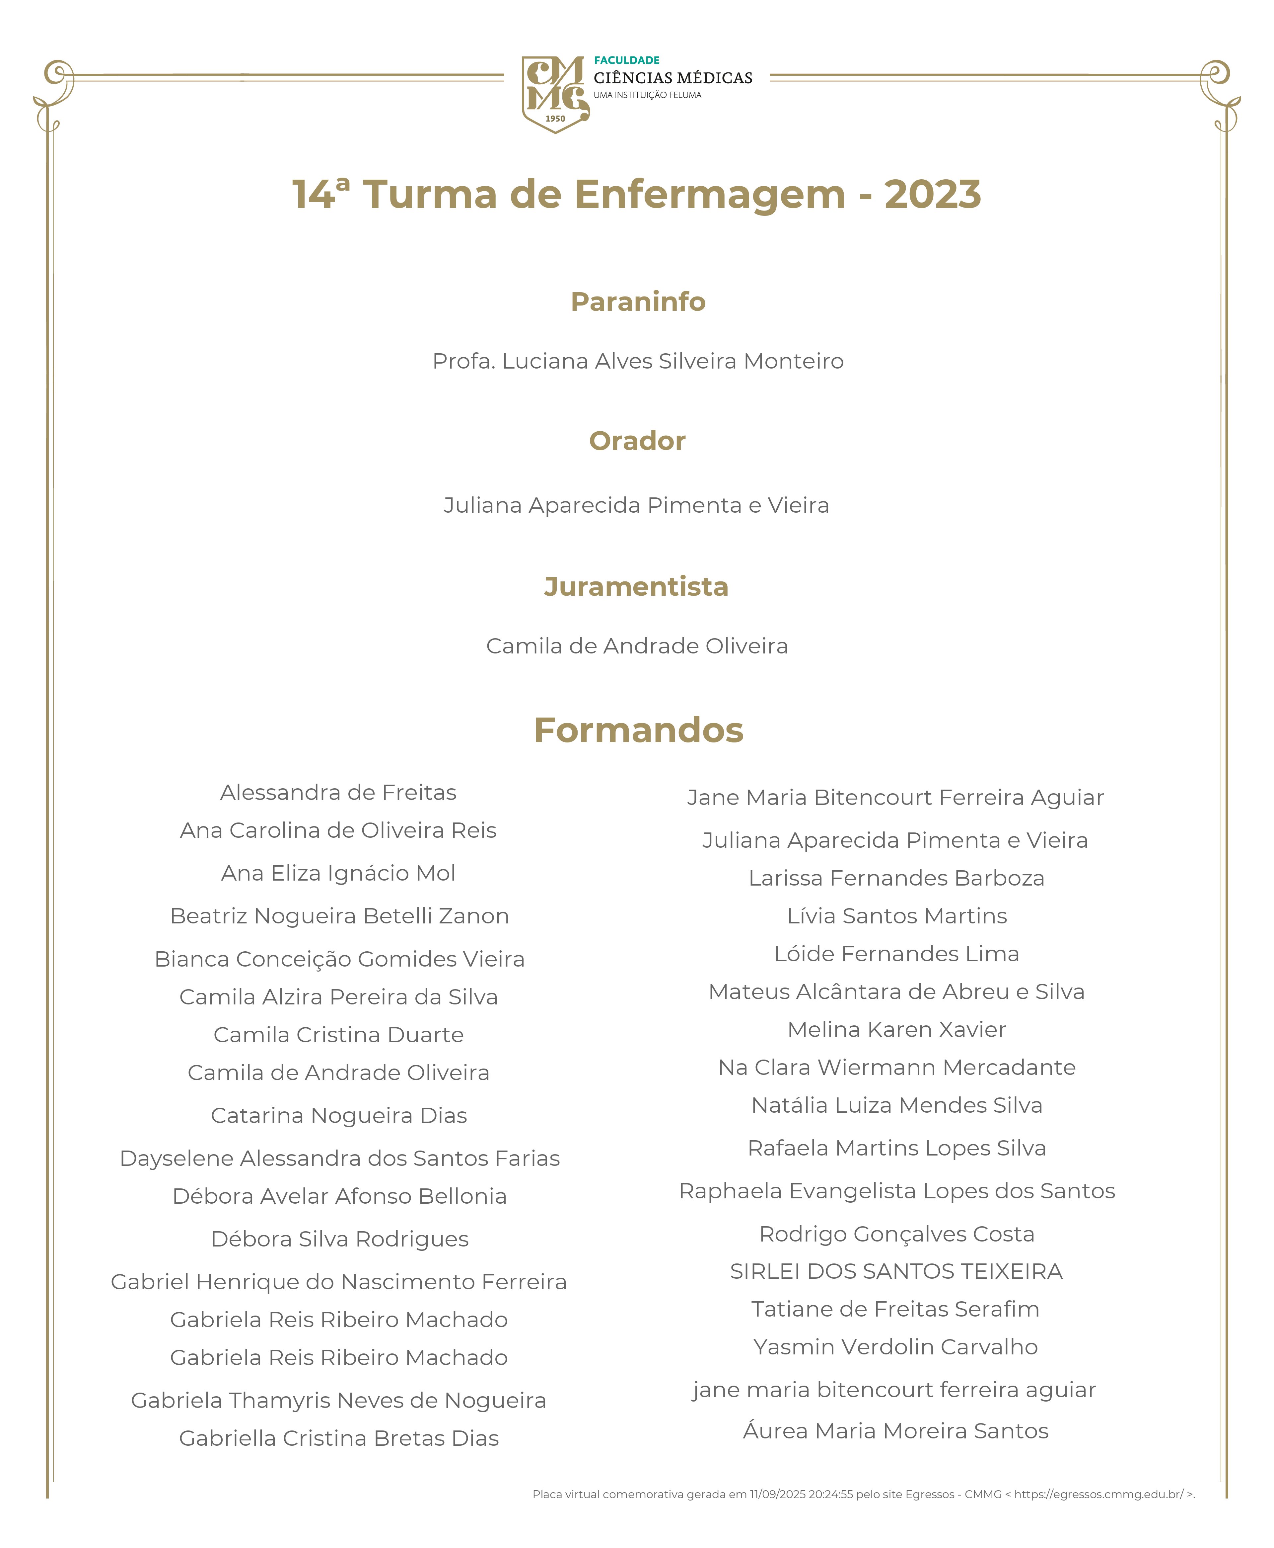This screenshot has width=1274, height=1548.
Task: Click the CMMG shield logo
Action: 555,94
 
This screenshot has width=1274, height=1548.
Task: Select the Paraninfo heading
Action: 638,302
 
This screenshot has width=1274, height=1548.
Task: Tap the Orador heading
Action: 637,441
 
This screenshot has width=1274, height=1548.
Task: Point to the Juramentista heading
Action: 636,587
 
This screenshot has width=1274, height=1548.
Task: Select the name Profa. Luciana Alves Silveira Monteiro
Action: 638,361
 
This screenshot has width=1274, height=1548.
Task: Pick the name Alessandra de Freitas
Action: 338,792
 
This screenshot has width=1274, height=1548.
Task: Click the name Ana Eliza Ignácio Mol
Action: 338,873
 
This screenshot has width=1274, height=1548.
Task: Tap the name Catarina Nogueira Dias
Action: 338,1115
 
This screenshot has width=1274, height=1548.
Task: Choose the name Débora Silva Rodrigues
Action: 339,1239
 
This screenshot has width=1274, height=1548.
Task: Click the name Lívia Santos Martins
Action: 897,916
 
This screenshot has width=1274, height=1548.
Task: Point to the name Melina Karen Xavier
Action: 897,1030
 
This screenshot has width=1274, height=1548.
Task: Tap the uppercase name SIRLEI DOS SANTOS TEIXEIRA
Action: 896,1271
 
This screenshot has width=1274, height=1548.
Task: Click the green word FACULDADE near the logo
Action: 627,60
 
